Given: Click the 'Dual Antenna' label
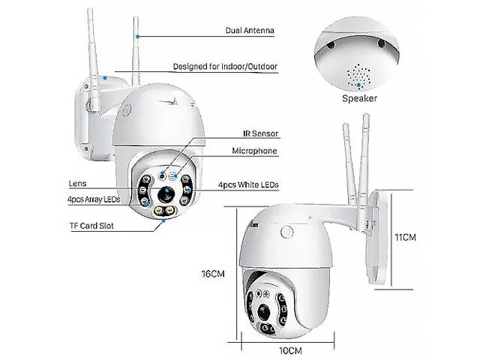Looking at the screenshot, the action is (250, 30).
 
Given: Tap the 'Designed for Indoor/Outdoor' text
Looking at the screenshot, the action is (225, 67).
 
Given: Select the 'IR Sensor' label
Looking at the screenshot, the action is (260, 133).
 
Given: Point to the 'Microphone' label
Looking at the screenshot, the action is (254, 151).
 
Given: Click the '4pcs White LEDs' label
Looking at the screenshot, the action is (248, 184).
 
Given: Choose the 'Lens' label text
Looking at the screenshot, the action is (77, 184).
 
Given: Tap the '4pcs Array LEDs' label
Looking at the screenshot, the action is (94, 199).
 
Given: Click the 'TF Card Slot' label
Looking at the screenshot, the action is (91, 226).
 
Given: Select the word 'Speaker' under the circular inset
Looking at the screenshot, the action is (359, 98).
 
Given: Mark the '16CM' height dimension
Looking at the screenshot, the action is (213, 274).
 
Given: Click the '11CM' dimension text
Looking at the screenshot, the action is (405, 237).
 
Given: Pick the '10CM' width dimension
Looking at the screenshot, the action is (290, 350).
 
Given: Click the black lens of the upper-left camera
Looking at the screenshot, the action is (166, 194).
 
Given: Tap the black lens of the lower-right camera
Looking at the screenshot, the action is (264, 312).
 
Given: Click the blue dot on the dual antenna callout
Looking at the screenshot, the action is (138, 37).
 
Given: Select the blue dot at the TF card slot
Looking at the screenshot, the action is (163, 220).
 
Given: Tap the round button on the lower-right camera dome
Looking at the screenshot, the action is (286, 232).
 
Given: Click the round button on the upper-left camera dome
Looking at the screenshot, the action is (127, 110).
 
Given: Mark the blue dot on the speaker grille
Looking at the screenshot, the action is (358, 85).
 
